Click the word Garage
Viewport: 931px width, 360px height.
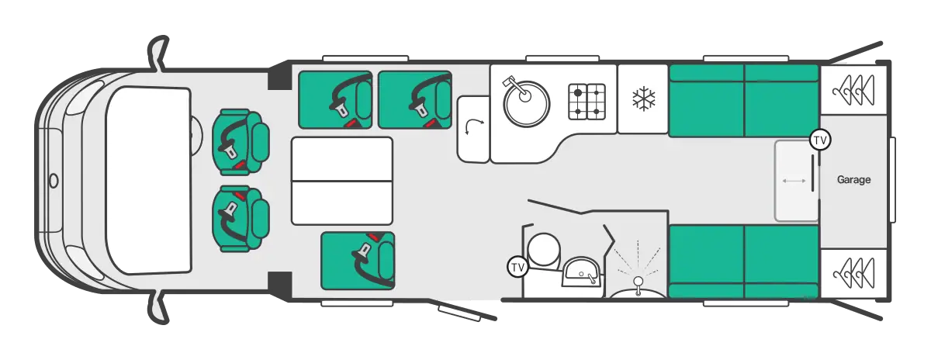[853, 179]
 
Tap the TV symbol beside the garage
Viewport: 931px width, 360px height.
[820, 140]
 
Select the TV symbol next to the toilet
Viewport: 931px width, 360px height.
[517, 267]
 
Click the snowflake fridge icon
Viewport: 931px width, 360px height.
[644, 99]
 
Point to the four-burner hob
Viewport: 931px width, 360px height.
[587, 102]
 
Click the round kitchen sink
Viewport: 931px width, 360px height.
[526, 102]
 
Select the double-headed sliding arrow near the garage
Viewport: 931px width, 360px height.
[794, 181]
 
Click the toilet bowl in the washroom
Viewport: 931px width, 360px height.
[543, 249]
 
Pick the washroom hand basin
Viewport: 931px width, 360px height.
[581, 272]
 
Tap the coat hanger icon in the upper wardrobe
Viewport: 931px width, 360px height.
[853, 90]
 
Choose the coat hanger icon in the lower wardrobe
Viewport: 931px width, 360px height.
[853, 274]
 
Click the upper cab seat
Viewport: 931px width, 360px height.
[241, 142]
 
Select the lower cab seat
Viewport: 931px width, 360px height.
[241, 219]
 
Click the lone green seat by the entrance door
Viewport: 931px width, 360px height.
[358, 261]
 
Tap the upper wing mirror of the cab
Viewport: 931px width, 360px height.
[158, 53]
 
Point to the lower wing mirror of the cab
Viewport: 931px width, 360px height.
[158, 306]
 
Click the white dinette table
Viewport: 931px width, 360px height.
[342, 181]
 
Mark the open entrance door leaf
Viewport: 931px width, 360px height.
[462, 310]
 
